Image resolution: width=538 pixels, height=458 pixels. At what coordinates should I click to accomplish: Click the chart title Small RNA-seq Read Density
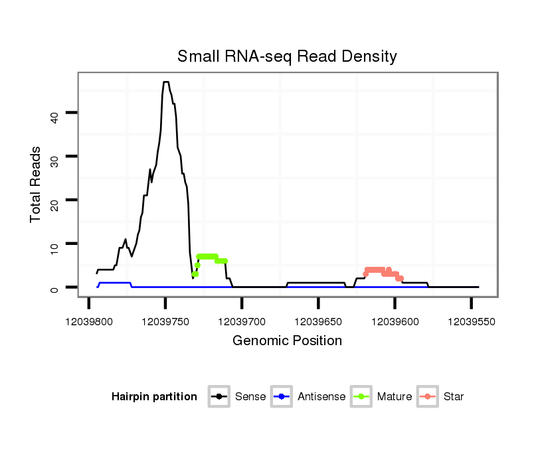click(x=287, y=56)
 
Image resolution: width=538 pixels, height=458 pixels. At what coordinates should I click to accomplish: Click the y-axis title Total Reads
click(x=36, y=185)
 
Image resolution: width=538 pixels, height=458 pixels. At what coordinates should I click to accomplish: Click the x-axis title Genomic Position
click(x=287, y=341)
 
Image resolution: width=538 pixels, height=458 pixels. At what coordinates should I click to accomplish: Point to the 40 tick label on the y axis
click(x=54, y=117)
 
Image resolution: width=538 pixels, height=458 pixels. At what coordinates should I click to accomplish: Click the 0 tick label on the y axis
click(x=54, y=288)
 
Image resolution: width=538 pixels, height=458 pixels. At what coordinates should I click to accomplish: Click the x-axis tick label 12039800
click(x=89, y=321)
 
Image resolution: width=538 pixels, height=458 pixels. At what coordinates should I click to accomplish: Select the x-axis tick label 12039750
click(x=165, y=321)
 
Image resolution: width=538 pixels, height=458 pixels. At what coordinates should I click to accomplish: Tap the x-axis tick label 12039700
click(x=242, y=321)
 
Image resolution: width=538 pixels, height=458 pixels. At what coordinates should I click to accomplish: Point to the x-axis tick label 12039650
click(x=318, y=321)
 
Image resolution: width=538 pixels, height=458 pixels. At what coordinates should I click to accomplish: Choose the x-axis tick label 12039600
click(x=395, y=321)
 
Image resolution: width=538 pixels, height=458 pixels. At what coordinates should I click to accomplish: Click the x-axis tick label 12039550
click(x=471, y=321)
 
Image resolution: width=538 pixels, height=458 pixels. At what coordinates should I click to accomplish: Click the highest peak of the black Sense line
click(x=165, y=82)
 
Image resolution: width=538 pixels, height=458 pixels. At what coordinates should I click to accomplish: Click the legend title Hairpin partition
click(x=154, y=397)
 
